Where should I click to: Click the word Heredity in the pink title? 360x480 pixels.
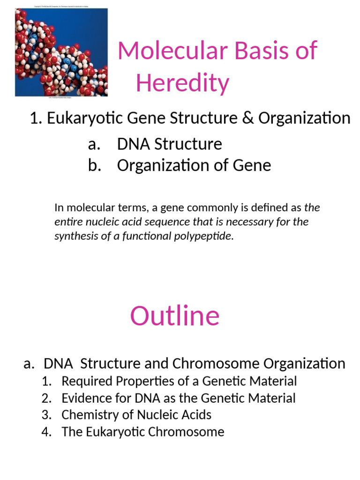182,83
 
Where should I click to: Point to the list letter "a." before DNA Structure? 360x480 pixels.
95,144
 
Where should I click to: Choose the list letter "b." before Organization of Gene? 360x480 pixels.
95,165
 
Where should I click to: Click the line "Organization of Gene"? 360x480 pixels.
194,165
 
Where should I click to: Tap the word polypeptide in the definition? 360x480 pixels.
208,236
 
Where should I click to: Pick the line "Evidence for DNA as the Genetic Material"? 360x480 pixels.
179,398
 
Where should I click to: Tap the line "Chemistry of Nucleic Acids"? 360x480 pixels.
136,415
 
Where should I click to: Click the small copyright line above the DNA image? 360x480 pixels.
62,6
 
